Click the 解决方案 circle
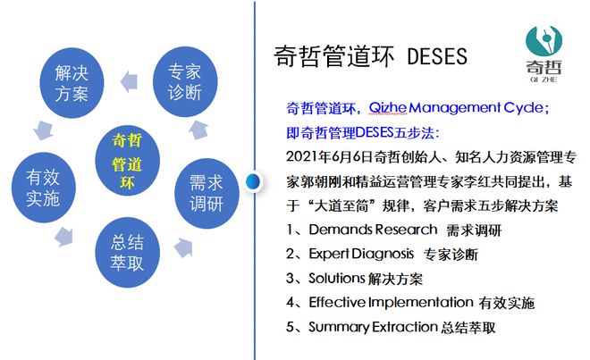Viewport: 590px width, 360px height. click(x=72, y=81)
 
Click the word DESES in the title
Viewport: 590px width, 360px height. click(x=437, y=56)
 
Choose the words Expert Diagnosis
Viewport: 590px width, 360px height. click(x=361, y=255)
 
